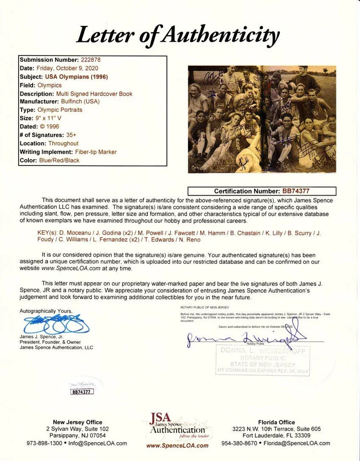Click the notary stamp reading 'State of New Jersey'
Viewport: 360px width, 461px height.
[x=264, y=365]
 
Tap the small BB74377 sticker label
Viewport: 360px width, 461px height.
[x=82, y=391]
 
